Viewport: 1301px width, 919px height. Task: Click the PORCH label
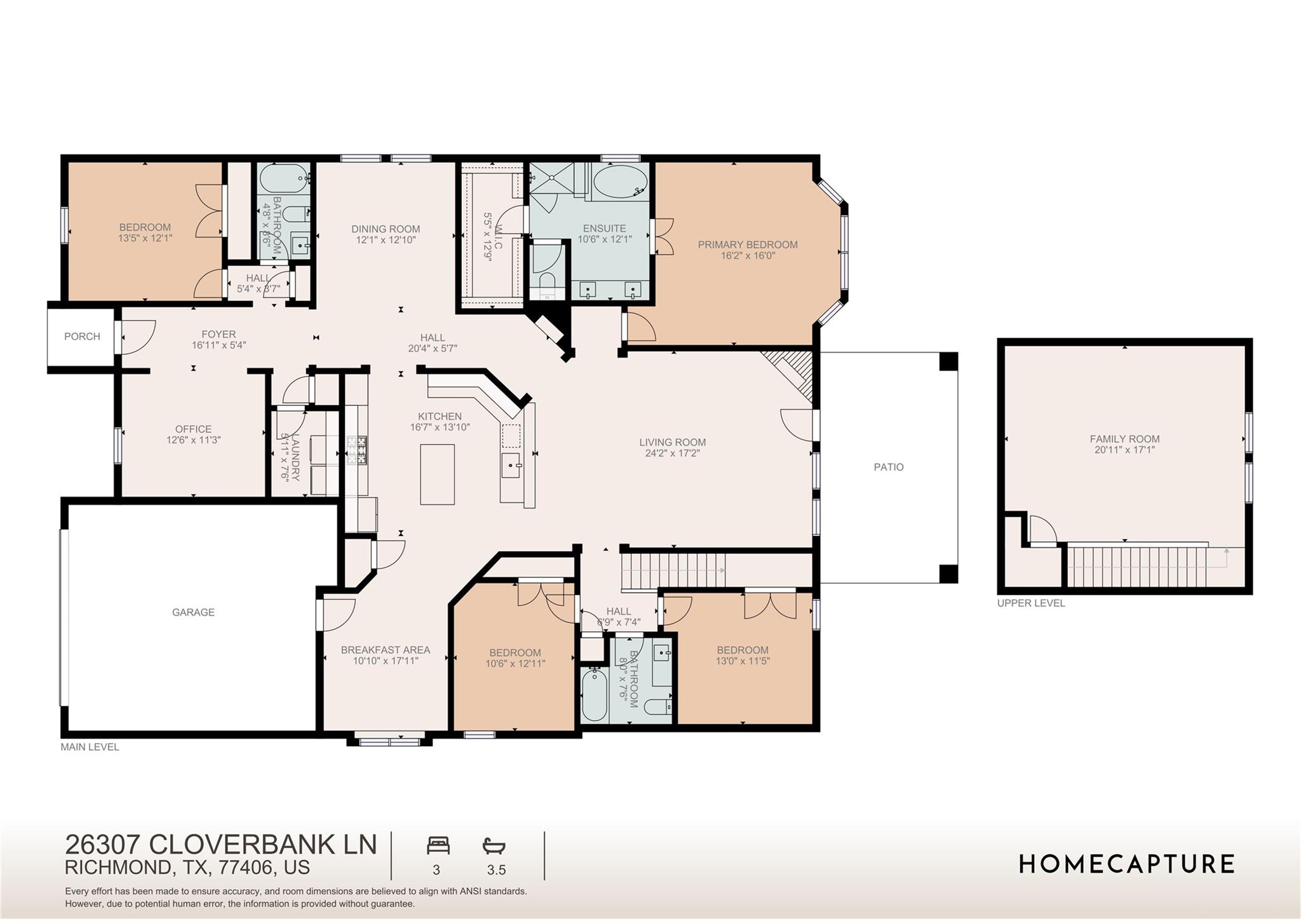[82, 337]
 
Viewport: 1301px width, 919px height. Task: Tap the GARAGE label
[193, 612]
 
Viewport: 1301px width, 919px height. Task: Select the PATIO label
[888, 467]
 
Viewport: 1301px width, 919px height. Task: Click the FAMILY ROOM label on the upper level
[1124, 439]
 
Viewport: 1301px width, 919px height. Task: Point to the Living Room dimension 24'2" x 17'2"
[672, 453]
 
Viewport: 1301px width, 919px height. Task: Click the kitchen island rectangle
[437, 474]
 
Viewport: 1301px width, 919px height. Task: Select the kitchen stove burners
[357, 450]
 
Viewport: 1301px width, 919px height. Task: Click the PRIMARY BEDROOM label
[748, 245]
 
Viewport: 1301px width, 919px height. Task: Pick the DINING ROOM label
[386, 229]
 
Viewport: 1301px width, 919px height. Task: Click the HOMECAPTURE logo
[1126, 864]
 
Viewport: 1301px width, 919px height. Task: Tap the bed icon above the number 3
[438, 846]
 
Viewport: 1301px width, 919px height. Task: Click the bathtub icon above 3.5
[494, 846]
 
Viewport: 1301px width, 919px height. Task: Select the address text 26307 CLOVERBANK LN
[221, 845]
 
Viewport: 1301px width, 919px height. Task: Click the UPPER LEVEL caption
[1030, 603]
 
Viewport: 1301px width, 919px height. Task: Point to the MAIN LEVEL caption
[90, 747]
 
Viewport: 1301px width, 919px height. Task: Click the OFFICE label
[193, 429]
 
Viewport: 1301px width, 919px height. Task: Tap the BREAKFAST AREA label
[385, 650]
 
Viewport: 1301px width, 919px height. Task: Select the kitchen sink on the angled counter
[511, 465]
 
